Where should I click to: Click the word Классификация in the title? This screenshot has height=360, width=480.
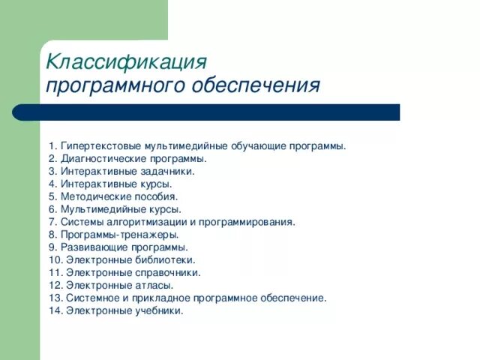(125, 61)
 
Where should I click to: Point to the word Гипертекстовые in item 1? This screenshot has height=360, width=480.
(101, 145)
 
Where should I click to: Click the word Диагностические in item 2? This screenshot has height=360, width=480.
(100, 158)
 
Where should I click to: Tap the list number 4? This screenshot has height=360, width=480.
(52, 184)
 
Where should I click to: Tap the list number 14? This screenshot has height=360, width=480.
(55, 310)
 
